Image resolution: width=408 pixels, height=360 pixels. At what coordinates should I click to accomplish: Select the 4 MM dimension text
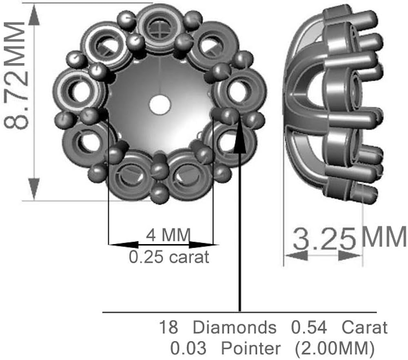click(x=169, y=235)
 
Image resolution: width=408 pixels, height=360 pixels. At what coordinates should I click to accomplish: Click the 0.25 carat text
click(x=169, y=257)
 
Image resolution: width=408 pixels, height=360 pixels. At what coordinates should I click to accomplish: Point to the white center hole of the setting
click(x=159, y=104)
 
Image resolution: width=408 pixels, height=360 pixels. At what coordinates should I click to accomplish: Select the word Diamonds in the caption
click(x=234, y=327)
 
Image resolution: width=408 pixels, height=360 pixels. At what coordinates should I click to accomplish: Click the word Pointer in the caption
click(x=251, y=349)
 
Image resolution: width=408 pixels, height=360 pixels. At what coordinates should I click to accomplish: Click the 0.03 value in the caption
click(x=189, y=349)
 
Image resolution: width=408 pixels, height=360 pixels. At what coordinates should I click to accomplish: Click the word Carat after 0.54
click(x=364, y=327)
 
